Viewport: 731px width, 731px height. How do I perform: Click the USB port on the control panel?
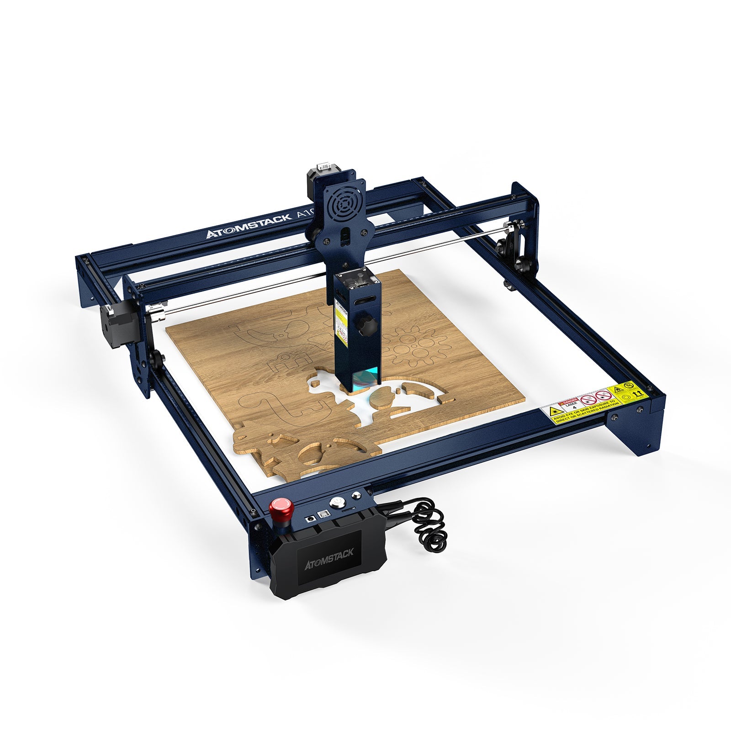point(323,514)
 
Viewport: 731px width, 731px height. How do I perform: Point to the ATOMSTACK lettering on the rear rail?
point(248,227)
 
